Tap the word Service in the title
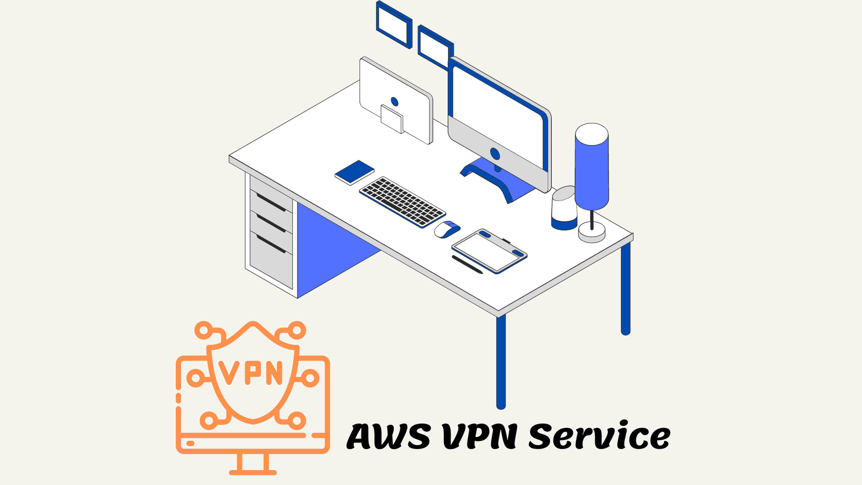(x=600, y=435)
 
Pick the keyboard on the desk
(x=402, y=202)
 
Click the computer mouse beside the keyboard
(x=447, y=230)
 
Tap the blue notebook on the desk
(x=354, y=172)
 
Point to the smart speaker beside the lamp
(x=564, y=208)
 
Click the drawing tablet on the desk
(x=490, y=251)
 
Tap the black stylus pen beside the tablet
(x=467, y=265)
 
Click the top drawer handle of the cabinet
(x=272, y=203)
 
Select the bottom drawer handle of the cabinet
(x=272, y=244)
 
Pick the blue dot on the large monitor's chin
(x=495, y=154)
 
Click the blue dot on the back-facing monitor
(x=394, y=102)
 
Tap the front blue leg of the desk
(x=500, y=362)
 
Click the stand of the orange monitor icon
(x=253, y=464)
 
